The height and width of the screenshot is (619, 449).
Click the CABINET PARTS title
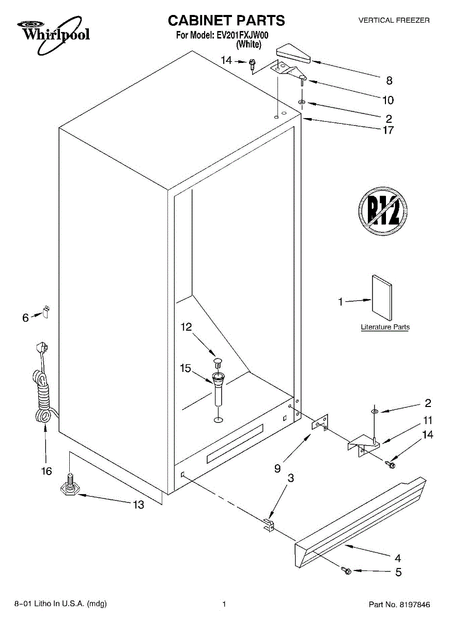[226, 21]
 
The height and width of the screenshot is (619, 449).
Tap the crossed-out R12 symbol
[383, 211]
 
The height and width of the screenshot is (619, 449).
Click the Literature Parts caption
[385, 327]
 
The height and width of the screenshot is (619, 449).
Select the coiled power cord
[42, 392]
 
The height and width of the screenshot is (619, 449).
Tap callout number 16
[47, 471]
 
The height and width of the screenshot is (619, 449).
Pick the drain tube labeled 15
[219, 390]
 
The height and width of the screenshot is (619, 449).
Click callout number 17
[388, 130]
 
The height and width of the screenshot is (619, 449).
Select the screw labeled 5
[346, 571]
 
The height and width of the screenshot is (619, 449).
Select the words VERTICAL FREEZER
[394, 20]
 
